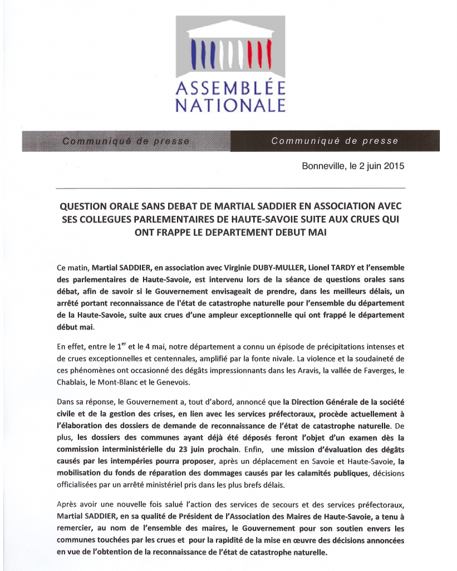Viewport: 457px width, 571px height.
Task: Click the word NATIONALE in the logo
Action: click(230, 105)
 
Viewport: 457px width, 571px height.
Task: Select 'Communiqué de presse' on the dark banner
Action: click(335, 141)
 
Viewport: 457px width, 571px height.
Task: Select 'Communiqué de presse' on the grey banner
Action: click(126, 141)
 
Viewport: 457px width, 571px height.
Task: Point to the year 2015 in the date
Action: click(394, 166)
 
